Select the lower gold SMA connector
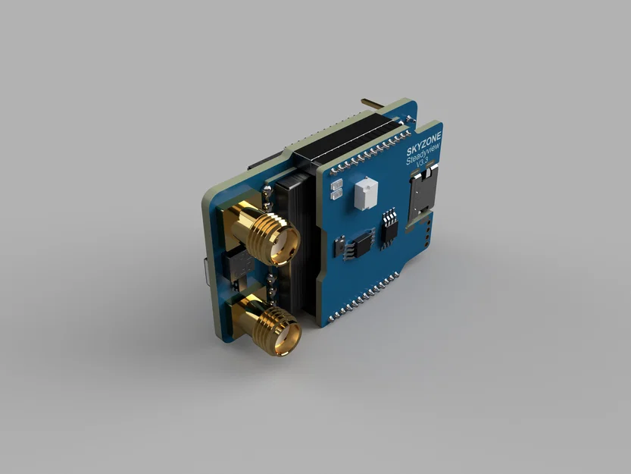point(270,326)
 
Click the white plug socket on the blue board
point(364,194)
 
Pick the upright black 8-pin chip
point(389,226)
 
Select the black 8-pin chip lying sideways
point(361,243)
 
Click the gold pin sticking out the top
point(373,102)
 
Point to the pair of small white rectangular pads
point(336,190)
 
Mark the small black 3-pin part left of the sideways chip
point(339,246)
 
